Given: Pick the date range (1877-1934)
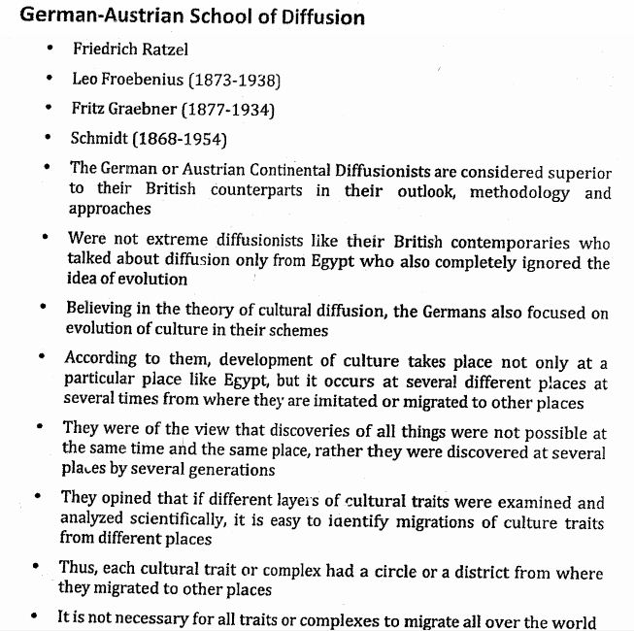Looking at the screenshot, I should [225, 110].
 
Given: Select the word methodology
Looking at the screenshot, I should [519, 191].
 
